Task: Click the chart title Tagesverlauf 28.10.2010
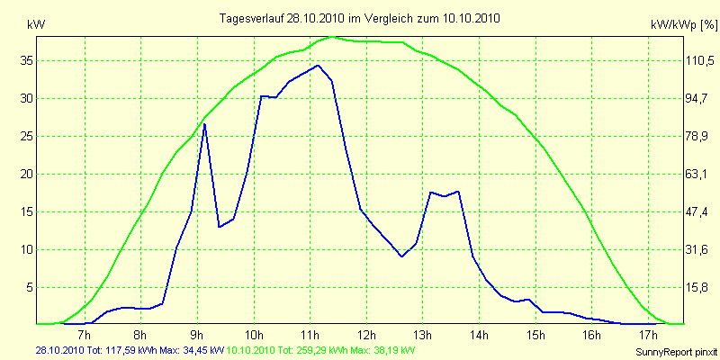coord(360,18)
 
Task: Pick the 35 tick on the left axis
coord(27,60)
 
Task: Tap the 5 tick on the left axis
coord(30,287)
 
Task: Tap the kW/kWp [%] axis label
coord(681,28)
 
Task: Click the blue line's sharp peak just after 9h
coord(204,124)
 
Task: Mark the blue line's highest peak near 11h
coord(318,65)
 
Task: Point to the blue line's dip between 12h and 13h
coord(402,256)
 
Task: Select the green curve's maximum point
coord(335,37)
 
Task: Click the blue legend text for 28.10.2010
coord(127,349)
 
